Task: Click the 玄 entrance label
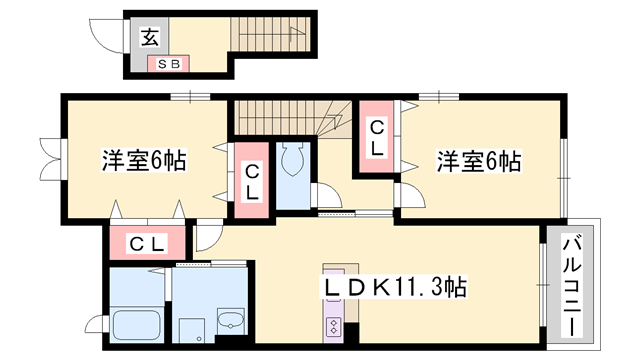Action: [150, 37]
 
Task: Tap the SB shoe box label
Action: [168, 64]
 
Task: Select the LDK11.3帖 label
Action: [395, 287]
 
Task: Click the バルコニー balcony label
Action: [572, 287]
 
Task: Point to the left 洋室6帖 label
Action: [144, 160]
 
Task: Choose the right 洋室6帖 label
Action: [479, 161]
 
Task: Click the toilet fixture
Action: [293, 159]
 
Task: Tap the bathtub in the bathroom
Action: [137, 324]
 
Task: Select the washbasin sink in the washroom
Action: [231, 320]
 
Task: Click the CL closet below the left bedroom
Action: [147, 244]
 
